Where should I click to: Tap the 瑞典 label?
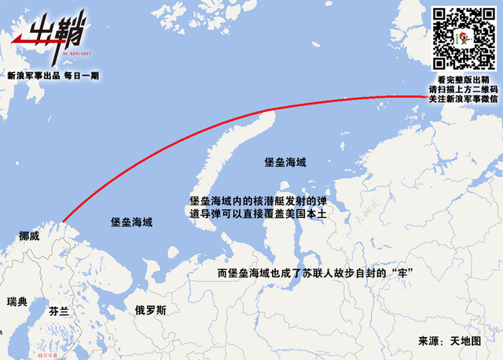(17, 302)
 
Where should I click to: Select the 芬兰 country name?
(59, 311)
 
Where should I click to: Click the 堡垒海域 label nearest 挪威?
(131, 222)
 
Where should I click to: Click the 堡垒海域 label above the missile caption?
(285, 163)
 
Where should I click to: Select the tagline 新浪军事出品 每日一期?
(53, 75)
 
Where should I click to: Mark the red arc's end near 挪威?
(63, 222)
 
